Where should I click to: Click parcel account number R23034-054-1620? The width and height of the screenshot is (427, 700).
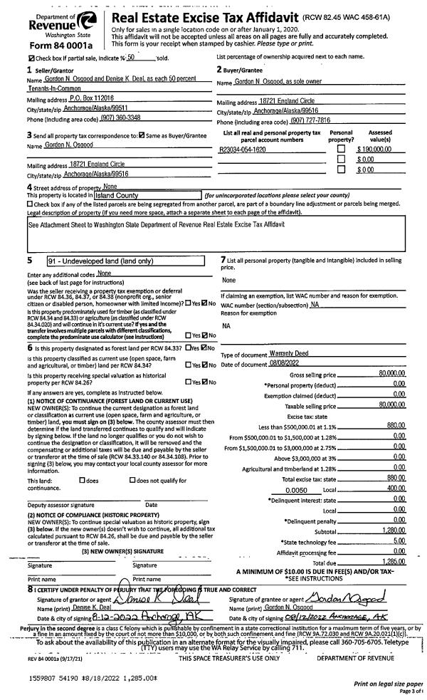tap(243, 150)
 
